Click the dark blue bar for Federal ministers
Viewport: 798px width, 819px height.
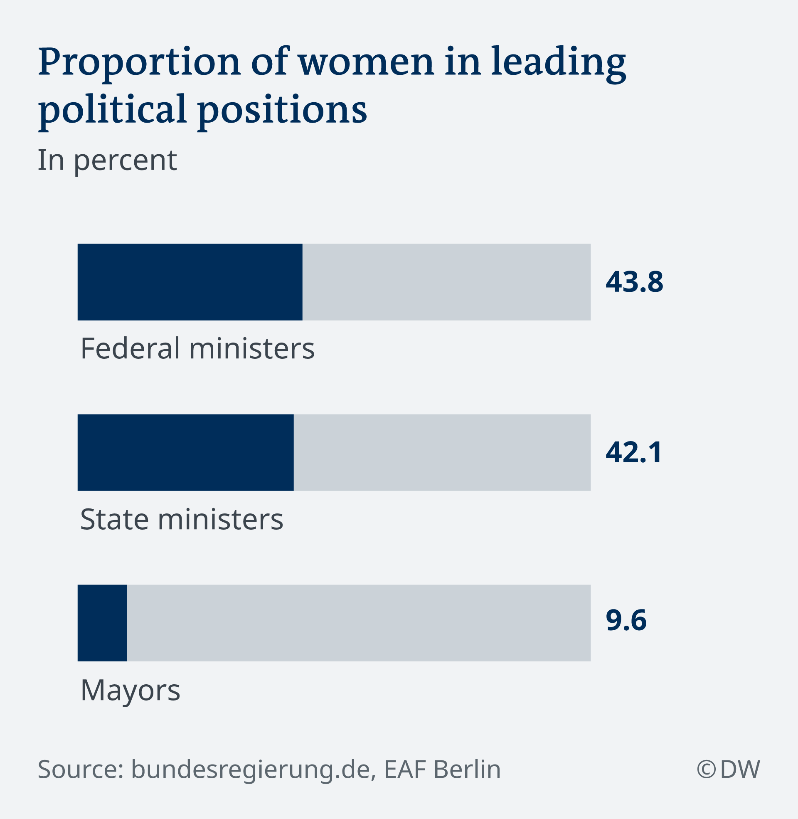[190, 282]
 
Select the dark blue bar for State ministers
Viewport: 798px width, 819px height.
[186, 452]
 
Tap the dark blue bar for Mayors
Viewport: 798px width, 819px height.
[102, 623]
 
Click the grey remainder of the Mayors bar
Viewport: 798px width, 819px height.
[358, 623]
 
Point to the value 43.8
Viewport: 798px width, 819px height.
[634, 282]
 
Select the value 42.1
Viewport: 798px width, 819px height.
[634, 452]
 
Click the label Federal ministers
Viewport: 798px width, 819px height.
[197, 348]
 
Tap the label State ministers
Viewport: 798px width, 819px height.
[182, 519]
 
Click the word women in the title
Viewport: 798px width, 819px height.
[366, 62]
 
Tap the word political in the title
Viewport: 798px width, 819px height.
[112, 110]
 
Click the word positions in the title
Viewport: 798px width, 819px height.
[283, 110]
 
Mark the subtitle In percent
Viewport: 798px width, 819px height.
[107, 160]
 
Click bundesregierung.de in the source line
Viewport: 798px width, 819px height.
[251, 769]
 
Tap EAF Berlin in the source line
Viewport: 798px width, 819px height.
[442, 769]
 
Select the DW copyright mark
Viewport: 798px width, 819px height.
[728, 769]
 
